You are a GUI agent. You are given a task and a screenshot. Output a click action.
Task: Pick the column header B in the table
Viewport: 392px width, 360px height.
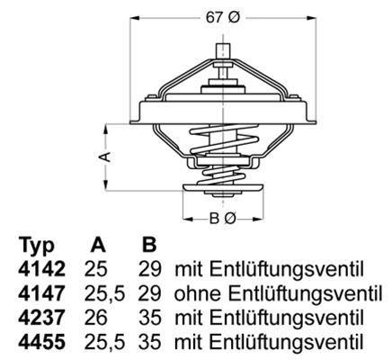[148, 246]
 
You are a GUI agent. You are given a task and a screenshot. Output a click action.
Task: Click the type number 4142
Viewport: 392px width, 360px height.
[39, 269]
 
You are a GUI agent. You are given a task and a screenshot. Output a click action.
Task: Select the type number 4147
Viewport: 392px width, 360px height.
[39, 293]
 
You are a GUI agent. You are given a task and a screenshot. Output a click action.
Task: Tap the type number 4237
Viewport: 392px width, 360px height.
[39, 318]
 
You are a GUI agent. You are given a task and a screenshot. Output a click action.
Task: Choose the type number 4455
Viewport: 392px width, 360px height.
[39, 342]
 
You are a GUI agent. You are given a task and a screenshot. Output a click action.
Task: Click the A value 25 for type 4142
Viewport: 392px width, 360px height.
[98, 269]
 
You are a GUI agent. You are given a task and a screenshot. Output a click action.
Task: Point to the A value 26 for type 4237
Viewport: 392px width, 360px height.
[98, 318]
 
